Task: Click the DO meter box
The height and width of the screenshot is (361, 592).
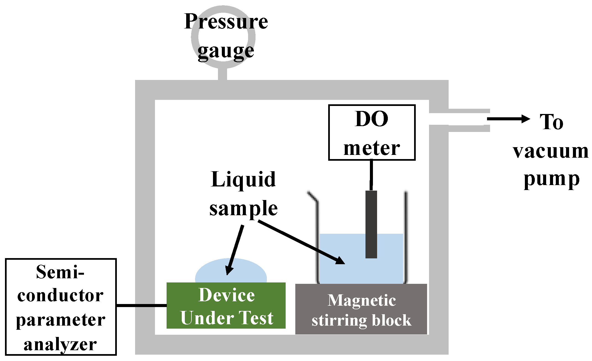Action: [x=372, y=133]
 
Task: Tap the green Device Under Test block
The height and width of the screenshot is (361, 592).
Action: [x=226, y=306]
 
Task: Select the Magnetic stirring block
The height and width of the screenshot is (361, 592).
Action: [x=361, y=309]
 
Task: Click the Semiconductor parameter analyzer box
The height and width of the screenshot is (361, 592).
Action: [x=60, y=307]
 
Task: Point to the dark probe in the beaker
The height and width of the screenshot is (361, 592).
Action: [x=371, y=224]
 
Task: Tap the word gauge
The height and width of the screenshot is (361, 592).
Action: [x=226, y=51]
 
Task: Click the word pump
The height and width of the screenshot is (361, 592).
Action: [x=551, y=179]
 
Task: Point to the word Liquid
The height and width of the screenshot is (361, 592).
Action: [x=243, y=180]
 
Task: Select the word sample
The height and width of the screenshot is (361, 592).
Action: [x=243, y=209]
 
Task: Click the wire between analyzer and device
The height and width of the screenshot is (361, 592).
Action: [x=141, y=305]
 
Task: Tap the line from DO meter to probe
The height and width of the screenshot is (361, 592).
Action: [x=371, y=175]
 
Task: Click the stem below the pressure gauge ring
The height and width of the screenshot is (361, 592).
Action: [x=222, y=74]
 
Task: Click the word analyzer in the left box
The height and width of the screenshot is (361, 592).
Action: [x=60, y=345]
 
